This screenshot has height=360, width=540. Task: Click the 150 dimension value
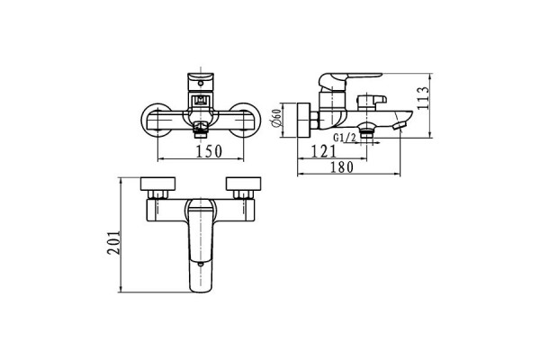click(209, 151)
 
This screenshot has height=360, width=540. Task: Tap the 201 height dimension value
click(114, 242)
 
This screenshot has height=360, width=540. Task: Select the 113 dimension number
click(423, 98)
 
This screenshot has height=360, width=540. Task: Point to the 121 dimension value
click(323, 151)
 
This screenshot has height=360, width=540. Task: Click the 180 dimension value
click(342, 167)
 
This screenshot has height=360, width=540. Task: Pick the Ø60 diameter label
click(277, 119)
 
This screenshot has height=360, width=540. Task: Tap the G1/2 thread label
click(345, 138)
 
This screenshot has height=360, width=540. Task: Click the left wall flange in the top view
click(158, 184)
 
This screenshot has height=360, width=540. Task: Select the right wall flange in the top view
click(244, 184)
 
